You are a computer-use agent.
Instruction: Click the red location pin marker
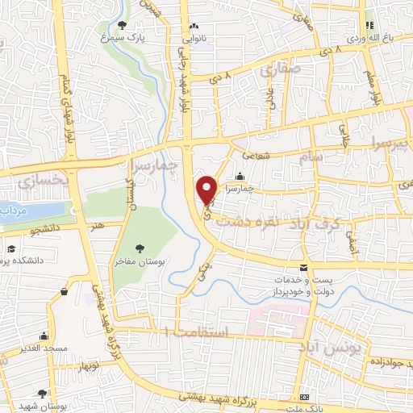coord(207,189)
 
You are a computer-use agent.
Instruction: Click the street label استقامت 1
coord(197,332)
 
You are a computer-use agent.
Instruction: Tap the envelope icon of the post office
coord(303,267)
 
